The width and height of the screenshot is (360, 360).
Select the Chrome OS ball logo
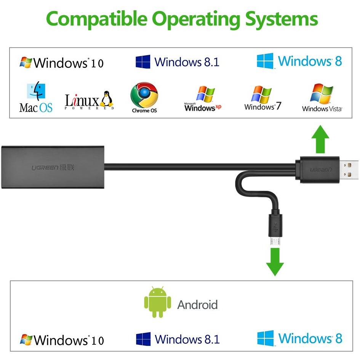tap(144, 95)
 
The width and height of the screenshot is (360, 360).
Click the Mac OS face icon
tap(36, 91)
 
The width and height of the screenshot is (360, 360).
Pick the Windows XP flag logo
tap(206, 94)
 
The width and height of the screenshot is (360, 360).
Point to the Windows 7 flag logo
tap(261, 94)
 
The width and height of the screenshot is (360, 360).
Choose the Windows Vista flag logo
tap(322, 93)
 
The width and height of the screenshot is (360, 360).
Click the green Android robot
tap(157, 302)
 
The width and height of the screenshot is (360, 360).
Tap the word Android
tap(197, 305)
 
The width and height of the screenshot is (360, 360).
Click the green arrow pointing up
tap(320, 139)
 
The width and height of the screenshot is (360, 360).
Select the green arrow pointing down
tap(275, 262)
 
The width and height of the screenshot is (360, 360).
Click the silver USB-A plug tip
tap(349, 170)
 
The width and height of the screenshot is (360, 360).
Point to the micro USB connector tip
tap(275, 242)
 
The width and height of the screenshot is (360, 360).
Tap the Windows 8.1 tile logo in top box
tap(143, 62)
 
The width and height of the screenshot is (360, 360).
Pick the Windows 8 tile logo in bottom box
tap(266, 338)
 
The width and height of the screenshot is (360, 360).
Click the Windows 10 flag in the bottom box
tap(26, 339)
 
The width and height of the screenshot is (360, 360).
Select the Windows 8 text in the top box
tap(310, 61)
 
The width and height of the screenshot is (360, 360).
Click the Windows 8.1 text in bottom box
tap(187, 339)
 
